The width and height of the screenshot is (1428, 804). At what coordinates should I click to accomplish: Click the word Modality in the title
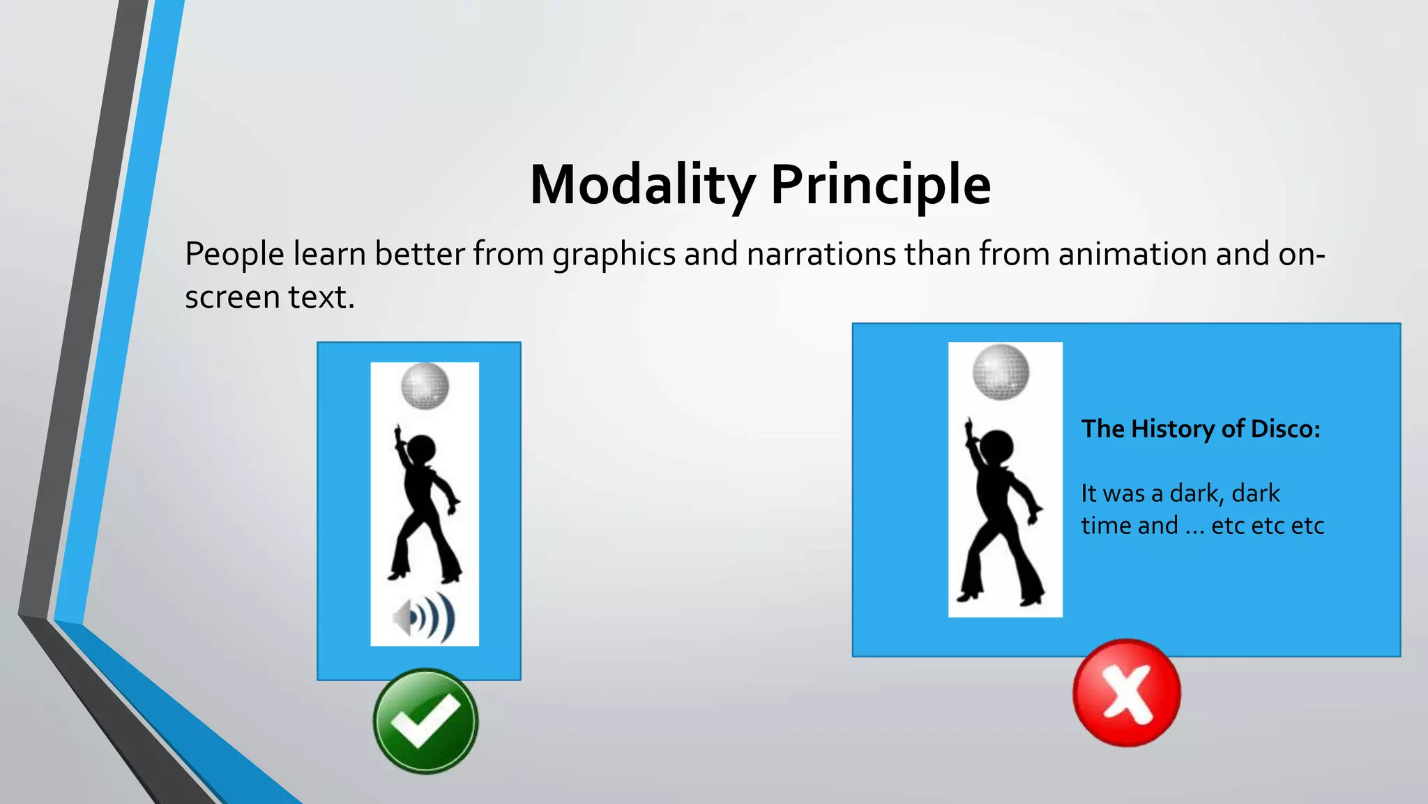click(641, 185)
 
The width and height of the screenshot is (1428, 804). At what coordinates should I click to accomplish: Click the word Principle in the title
click(880, 185)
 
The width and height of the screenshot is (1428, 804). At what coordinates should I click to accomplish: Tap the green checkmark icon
click(425, 721)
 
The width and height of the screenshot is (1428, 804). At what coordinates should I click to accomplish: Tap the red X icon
click(1126, 692)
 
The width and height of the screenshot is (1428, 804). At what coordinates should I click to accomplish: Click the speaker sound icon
click(424, 618)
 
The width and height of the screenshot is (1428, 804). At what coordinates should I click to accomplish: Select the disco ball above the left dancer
click(425, 386)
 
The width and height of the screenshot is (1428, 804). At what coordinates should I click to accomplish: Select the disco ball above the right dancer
click(1001, 372)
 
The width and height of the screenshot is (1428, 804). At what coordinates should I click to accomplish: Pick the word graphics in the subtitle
click(614, 254)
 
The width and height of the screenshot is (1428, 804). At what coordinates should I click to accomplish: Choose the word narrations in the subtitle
click(821, 254)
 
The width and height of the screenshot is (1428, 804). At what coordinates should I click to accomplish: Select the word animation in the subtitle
click(1132, 254)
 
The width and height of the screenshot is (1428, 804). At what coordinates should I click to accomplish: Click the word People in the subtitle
click(234, 254)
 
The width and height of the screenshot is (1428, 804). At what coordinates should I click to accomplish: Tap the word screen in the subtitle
click(232, 298)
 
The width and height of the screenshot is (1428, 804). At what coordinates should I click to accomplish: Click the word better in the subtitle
click(419, 254)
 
